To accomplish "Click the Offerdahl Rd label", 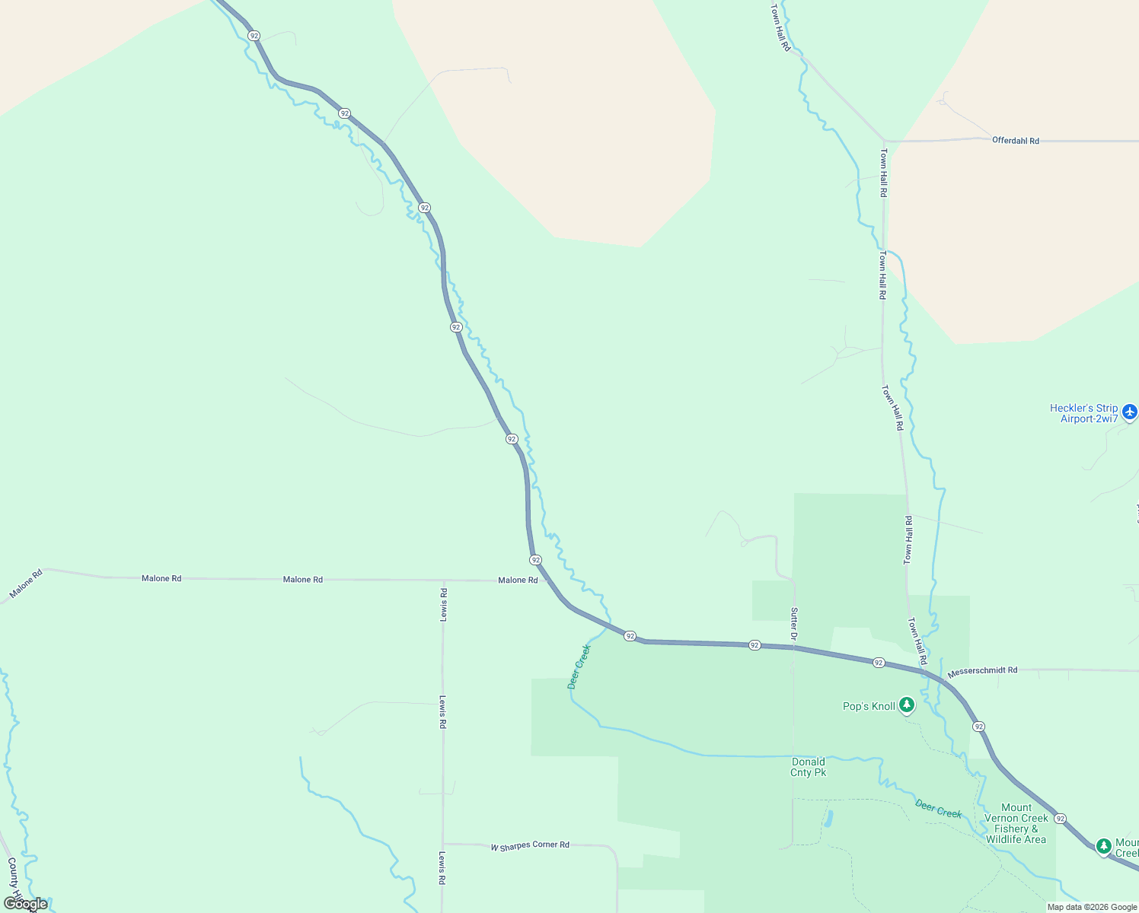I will click(1015, 141).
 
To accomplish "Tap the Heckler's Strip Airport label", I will click(1083, 413).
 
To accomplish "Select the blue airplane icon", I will click(1129, 412).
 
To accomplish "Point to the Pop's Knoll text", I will click(869, 706).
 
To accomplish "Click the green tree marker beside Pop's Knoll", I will click(906, 705).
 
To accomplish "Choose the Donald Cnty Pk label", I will click(808, 767).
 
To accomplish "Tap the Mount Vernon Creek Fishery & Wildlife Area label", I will click(1016, 823).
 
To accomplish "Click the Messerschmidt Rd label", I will click(982, 671).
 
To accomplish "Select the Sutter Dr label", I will click(794, 624).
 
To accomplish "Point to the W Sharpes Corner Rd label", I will click(530, 845).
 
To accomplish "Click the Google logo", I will click(25, 904).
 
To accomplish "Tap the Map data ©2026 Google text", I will click(1092, 907).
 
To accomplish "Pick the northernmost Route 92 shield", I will click(254, 36).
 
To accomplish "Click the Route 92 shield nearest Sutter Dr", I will click(754, 645).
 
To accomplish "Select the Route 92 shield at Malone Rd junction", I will click(536, 560).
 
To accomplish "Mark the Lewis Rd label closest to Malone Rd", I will click(443, 605).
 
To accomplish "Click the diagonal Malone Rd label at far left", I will click(26, 584).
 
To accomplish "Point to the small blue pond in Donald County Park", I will click(828, 819).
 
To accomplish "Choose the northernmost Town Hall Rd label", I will click(780, 27).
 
